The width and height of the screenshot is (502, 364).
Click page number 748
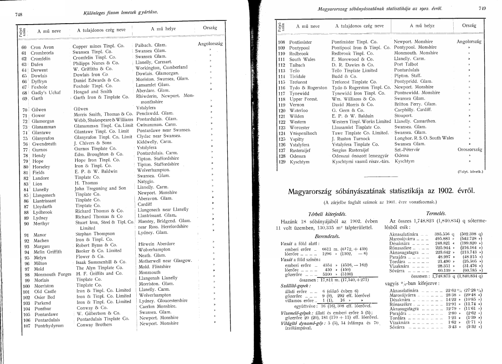tap(19, 15)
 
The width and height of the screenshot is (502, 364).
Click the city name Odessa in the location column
tap(402, 155)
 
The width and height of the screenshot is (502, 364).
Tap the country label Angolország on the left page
tap(210, 45)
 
